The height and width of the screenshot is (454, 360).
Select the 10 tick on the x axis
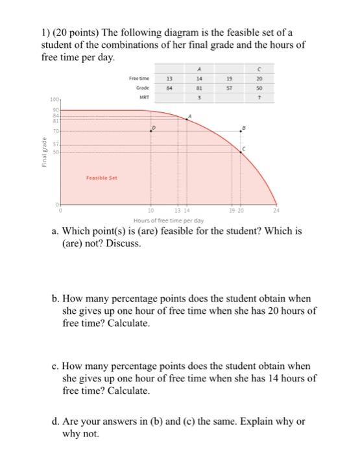pos(150,211)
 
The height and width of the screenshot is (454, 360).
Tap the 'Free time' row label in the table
pos(139,77)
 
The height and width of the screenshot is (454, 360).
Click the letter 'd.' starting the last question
pos(56,422)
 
